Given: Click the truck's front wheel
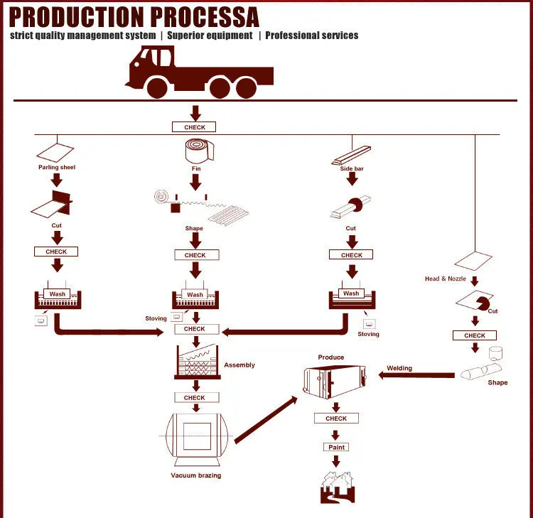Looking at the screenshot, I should point(157,87).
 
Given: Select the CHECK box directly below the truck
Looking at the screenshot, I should point(194,127).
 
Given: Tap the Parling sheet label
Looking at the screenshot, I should point(57,168).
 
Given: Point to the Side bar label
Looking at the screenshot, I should point(352,168).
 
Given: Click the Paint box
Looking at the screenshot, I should point(337,447).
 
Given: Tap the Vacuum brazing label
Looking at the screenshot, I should point(195,475).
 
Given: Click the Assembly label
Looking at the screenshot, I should point(239,365).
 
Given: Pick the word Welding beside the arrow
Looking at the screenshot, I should point(399,368).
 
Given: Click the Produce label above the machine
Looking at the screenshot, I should point(331,357).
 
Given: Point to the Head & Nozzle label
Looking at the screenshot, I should point(445,279).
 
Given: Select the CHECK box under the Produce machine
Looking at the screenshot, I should point(336,419).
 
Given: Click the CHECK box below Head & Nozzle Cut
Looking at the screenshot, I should point(475,335).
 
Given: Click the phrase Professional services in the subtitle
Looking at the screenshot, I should point(312,36).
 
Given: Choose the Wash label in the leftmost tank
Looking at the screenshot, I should point(58,294).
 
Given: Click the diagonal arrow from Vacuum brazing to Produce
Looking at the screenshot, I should point(265,420).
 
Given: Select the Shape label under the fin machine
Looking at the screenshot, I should point(194,229).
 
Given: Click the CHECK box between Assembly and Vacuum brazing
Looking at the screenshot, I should point(195,398).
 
